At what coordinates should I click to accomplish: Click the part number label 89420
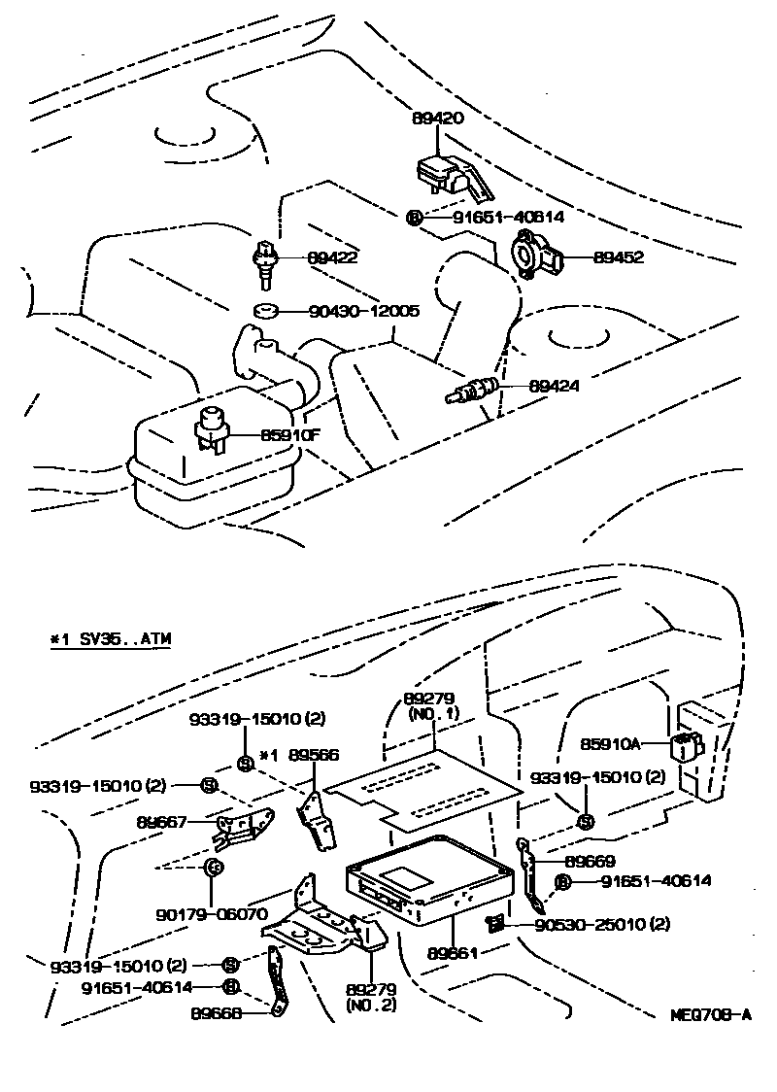(438, 119)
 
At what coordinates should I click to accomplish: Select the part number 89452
(618, 258)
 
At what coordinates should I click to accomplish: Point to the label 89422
(333, 258)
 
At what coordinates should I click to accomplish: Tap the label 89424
(554, 385)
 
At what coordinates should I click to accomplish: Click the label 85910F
(288, 434)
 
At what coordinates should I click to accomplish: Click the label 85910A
(610, 743)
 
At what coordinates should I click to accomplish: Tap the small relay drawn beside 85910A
(686, 746)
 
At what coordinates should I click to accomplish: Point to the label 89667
(161, 822)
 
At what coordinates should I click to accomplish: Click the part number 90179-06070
(211, 914)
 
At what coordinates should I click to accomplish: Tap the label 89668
(218, 1011)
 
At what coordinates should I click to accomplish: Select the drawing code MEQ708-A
(712, 1015)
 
